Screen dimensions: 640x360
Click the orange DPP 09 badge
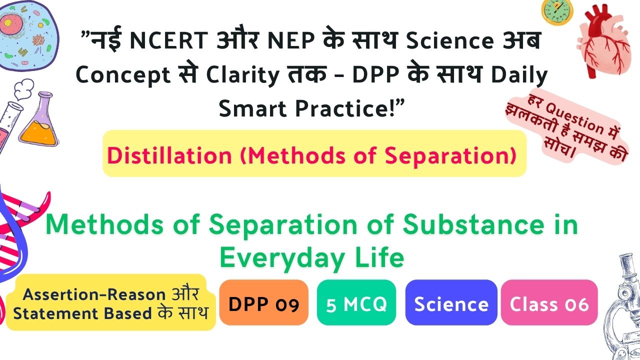pyautogui.click(x=263, y=302)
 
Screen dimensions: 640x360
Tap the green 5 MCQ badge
pyautogui.click(x=356, y=302)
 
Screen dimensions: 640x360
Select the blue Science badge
pyautogui.click(x=451, y=302)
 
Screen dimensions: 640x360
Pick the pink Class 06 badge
pyautogui.click(x=549, y=302)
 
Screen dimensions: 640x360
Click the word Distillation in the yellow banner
pyautogui.click(x=169, y=155)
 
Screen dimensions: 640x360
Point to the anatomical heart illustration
pyautogui.click(x=603, y=41)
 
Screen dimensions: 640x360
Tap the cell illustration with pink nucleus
pyautogui.click(x=28, y=35)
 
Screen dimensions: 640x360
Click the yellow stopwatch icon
pyautogui.click(x=557, y=11)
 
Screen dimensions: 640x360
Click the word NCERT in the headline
pyautogui.click(x=169, y=40)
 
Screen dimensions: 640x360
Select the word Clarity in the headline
pyautogui.click(x=242, y=75)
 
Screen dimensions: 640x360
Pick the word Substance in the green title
pyautogui.click(x=473, y=224)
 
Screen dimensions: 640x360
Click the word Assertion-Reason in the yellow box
pyautogui.click(x=94, y=294)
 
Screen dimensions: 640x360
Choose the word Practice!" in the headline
pyautogui.click(x=350, y=109)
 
